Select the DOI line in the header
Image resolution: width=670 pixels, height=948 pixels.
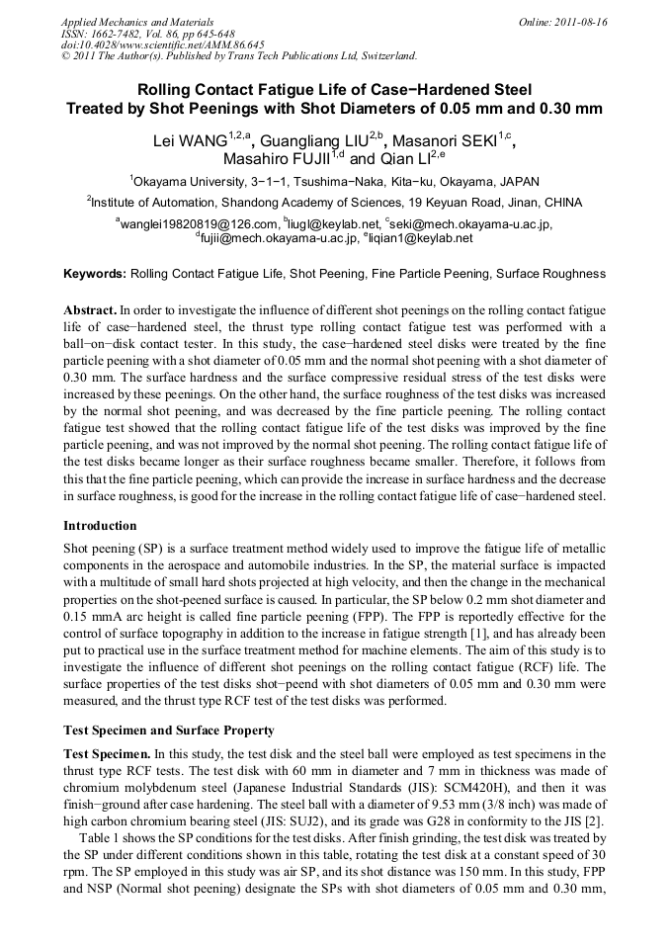[x=163, y=45]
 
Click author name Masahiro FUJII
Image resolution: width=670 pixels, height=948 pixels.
[x=278, y=159]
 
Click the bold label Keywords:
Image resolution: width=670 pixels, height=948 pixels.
[x=95, y=273]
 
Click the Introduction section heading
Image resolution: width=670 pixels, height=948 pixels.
[x=100, y=526]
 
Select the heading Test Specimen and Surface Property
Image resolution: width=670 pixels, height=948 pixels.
[x=169, y=731]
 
